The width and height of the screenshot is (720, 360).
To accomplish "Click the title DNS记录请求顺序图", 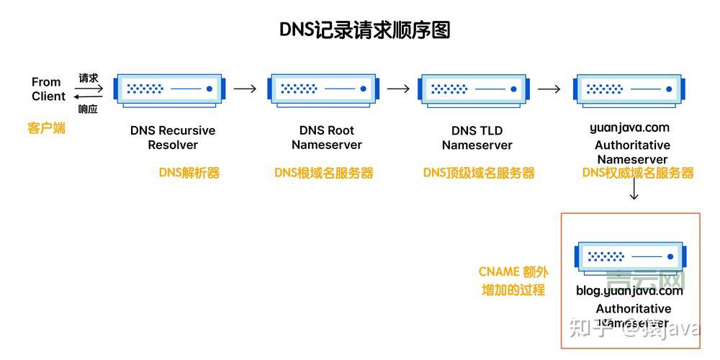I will (364, 30).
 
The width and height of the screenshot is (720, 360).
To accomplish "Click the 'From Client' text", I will (48, 89).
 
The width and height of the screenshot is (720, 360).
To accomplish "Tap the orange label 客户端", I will (47, 128).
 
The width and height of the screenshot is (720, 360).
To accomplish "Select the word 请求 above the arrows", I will (89, 77).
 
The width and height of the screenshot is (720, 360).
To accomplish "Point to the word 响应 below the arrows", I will (88, 109).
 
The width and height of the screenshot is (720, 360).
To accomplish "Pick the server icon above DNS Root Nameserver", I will (323, 89).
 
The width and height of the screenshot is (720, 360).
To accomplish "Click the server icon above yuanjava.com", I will (629, 89).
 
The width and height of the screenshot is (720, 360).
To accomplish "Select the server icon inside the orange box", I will (631, 256).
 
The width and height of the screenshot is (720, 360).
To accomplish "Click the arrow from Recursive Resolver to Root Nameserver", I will (246, 89).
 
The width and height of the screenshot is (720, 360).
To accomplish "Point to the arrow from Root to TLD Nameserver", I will (398, 89).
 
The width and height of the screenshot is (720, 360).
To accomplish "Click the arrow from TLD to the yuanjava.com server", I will (549, 89).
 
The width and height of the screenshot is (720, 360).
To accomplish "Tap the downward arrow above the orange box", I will (634, 190).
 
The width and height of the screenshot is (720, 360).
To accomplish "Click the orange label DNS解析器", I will (189, 173).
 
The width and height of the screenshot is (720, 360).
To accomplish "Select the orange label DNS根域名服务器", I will (323, 173).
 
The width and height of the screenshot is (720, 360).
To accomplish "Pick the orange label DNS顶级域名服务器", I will (479, 173).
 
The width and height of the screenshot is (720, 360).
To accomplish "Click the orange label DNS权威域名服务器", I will (638, 173).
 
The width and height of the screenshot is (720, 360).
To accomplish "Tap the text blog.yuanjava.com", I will (629, 291).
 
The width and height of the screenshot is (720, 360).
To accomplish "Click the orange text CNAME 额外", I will (513, 272).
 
